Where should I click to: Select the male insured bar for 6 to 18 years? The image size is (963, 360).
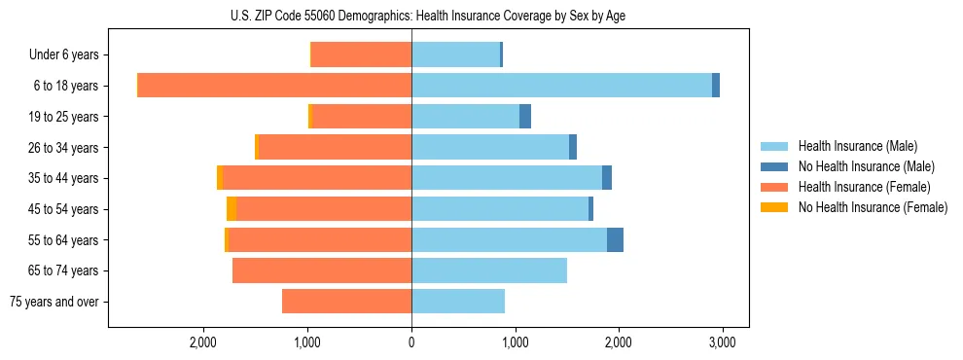(x=561, y=86)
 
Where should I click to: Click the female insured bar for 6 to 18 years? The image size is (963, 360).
(x=274, y=86)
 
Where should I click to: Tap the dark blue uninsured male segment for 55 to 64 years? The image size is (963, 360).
(x=615, y=240)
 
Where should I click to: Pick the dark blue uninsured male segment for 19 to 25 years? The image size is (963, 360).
(x=525, y=117)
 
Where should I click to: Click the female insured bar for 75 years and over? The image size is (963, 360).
(x=346, y=302)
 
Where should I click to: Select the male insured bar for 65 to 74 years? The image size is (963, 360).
(x=489, y=270)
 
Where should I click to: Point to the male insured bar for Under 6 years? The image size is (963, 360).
(x=455, y=54)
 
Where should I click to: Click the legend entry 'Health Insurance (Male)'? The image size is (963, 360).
(x=857, y=146)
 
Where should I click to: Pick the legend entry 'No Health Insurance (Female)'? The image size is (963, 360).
(x=873, y=207)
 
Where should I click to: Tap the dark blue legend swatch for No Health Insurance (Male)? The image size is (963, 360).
(x=773, y=166)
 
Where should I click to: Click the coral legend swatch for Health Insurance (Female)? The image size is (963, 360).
(x=773, y=187)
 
